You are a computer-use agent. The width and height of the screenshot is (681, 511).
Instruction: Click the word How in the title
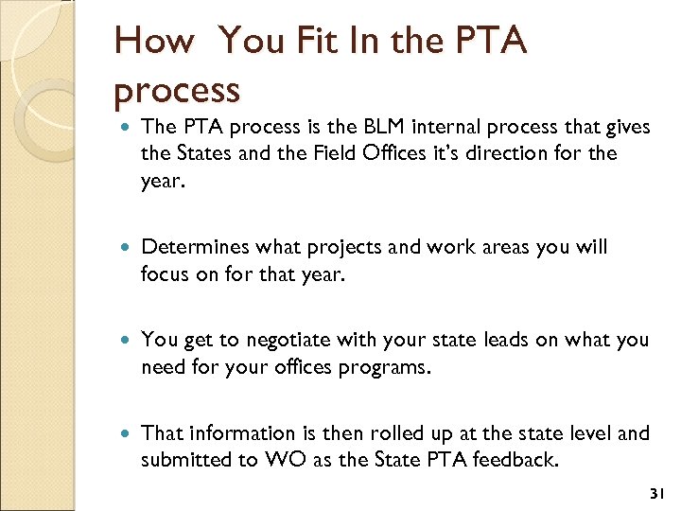153,42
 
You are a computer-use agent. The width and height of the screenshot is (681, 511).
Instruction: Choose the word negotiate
269,341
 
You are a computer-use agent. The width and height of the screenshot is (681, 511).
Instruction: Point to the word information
233,433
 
